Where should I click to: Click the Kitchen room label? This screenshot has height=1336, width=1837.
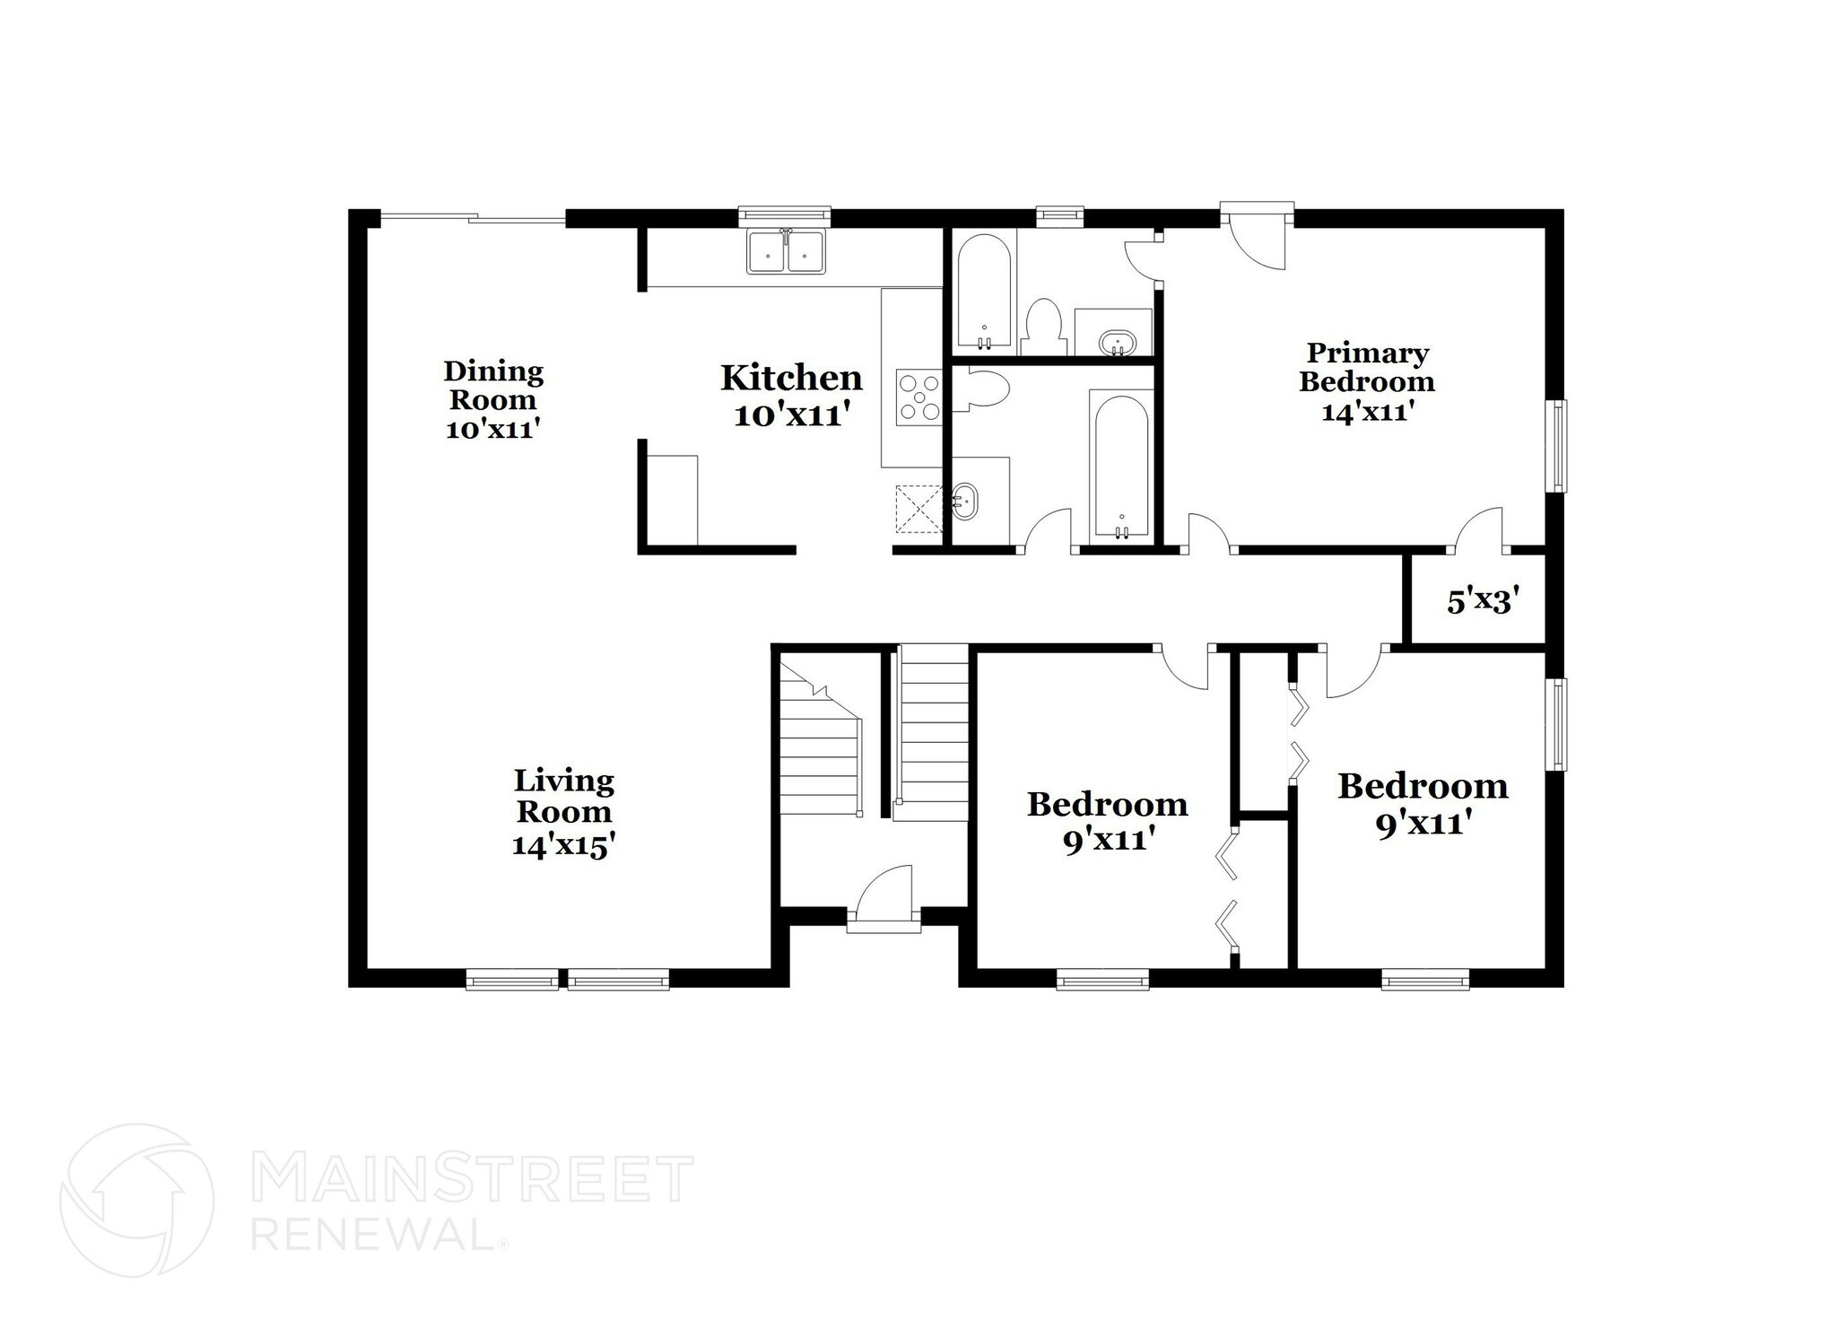[x=791, y=379]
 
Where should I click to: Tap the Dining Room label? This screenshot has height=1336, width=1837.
[x=493, y=385]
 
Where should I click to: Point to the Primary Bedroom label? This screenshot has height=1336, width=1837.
[x=1367, y=367]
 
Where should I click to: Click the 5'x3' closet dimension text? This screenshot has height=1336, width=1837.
[x=1482, y=601]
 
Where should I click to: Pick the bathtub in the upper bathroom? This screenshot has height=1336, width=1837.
[x=984, y=293]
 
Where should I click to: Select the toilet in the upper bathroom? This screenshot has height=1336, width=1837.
[x=1043, y=327]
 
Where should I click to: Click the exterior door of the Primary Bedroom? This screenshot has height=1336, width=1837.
[x=1258, y=235]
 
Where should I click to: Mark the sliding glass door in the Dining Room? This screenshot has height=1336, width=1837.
[x=473, y=217]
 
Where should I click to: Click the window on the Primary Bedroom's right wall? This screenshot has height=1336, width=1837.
[x=1559, y=445]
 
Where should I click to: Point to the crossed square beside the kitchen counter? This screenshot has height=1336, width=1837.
[x=918, y=509]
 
